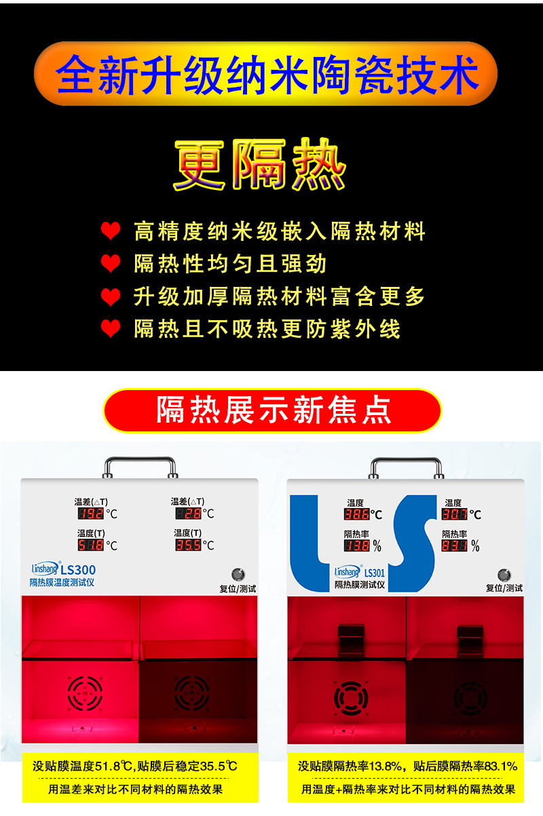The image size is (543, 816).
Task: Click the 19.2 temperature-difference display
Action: [x=91, y=513]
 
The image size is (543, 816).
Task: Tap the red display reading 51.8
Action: [x=91, y=545]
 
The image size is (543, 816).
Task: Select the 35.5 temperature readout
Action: [x=188, y=545]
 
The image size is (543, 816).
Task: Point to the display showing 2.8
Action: [x=188, y=513]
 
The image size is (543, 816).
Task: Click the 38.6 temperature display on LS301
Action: [x=356, y=514]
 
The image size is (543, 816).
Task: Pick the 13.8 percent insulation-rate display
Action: [x=356, y=545]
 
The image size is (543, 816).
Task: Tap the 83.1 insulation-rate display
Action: [x=455, y=545]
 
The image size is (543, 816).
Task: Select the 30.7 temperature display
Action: [x=455, y=514]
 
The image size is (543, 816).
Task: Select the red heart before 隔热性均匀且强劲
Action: [x=111, y=264]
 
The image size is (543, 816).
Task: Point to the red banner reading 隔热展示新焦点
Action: [x=272, y=410]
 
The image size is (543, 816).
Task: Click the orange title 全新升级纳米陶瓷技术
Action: [x=266, y=74]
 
